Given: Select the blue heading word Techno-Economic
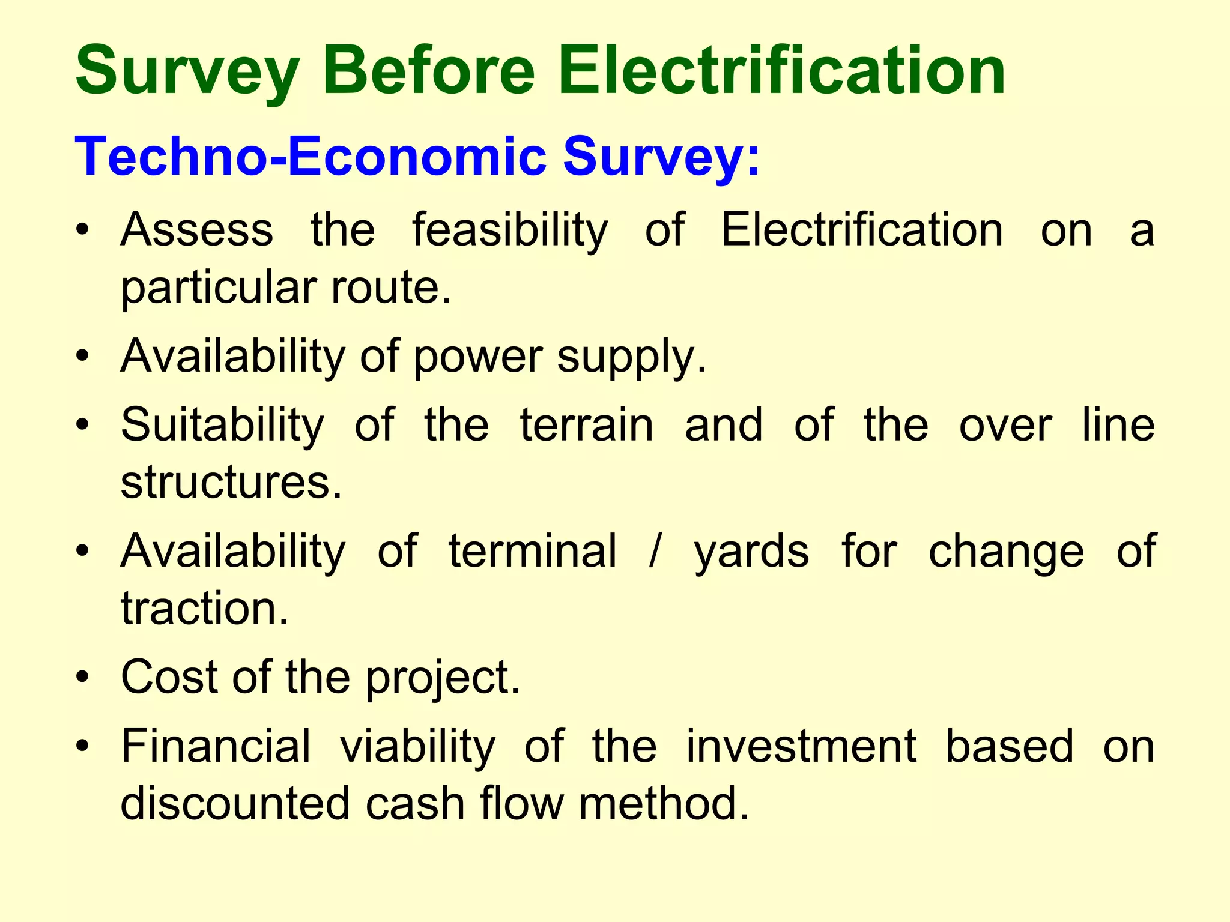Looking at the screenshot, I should point(310,157).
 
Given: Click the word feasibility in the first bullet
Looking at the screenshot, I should point(510,230).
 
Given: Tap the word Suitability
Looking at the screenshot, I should point(222,426).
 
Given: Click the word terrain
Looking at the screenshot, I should point(586,424).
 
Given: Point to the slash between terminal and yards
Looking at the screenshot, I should point(655,551).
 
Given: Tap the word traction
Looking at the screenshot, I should point(205,608).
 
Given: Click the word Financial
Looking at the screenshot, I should point(216,746).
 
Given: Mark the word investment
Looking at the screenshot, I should point(801,746).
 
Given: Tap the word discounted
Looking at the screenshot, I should point(235,803).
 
